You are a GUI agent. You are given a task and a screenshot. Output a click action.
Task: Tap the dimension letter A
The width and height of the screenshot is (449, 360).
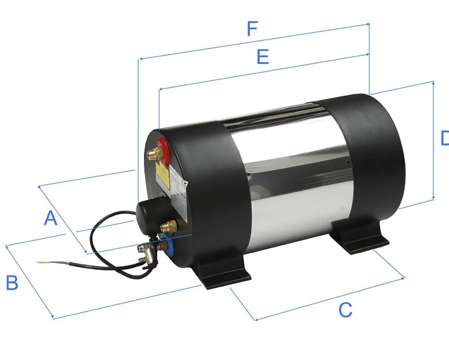point(51,218)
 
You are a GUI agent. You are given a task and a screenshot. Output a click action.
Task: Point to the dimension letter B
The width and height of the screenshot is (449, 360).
point(12,283)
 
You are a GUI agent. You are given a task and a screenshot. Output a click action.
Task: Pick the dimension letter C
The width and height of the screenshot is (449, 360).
point(346,309)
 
